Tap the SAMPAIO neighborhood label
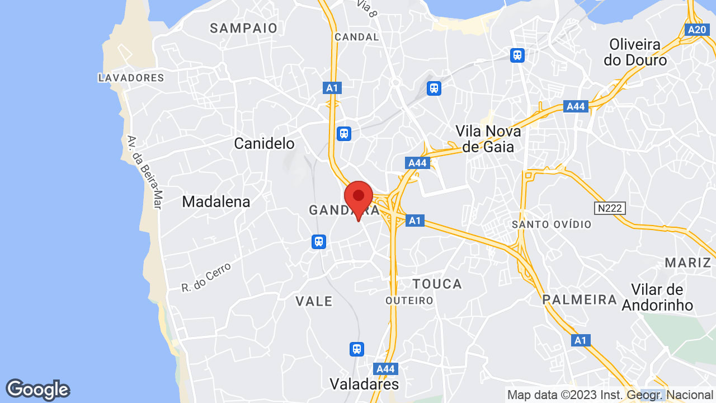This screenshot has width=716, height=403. (x=244, y=28)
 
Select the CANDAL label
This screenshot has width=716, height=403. (x=356, y=37)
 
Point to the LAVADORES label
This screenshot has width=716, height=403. (x=131, y=78)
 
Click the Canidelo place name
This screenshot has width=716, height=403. (x=264, y=144)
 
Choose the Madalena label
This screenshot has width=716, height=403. (x=216, y=201)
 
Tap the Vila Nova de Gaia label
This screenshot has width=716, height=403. (x=488, y=139)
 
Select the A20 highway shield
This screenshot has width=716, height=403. (x=697, y=30)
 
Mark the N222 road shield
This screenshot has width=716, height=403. (x=610, y=208)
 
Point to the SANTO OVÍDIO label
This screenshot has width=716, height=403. (x=552, y=224)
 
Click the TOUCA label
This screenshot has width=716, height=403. (x=437, y=284)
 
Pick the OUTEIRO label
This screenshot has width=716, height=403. (x=409, y=301)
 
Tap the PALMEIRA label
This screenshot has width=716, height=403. (x=580, y=299)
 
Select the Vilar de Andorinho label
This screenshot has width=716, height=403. (x=657, y=297)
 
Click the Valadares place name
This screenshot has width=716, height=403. (x=364, y=384)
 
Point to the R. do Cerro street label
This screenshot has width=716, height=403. (x=206, y=278)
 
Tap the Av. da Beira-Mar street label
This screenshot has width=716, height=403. (x=144, y=172)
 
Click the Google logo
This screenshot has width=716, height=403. (x=37, y=390)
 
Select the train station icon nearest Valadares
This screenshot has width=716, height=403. (x=356, y=349)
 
